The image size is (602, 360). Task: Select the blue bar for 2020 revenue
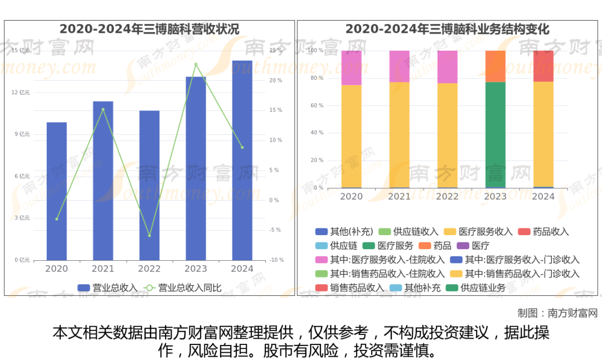tap(56, 191)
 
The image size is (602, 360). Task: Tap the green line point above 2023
tap(196, 64)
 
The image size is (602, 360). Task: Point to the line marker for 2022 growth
tap(149, 236)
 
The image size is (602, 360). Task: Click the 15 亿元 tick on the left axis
tap(21, 51)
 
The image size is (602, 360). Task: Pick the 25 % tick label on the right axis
tap(275, 51)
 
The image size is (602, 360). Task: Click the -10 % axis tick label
tap(276, 260)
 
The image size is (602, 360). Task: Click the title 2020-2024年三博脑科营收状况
tap(149, 29)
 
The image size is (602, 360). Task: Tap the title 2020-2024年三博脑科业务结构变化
tap(448, 29)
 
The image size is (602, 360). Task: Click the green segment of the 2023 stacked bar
tap(496, 135)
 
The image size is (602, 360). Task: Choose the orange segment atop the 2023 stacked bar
tap(496, 66)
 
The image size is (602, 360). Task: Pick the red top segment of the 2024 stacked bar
tap(543, 66)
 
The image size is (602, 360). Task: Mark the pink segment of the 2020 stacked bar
tap(351, 67)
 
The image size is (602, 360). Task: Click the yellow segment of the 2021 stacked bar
tap(399, 135)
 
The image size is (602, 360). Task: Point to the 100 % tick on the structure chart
tap(316, 51)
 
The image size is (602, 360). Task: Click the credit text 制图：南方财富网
tap(557, 313)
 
